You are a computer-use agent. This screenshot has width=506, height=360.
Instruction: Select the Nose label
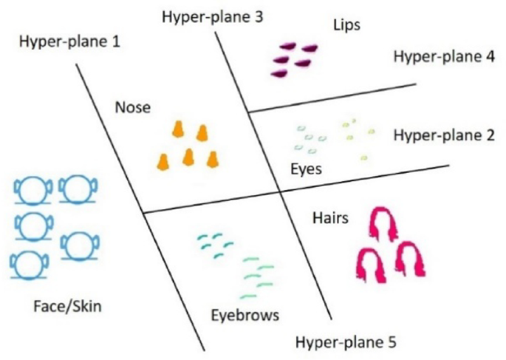tap(133, 107)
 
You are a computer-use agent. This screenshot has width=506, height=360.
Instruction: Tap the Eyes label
tap(304, 169)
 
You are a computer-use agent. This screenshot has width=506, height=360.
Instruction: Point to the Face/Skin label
tap(68, 305)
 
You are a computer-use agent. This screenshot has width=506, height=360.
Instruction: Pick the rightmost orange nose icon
tap(213, 159)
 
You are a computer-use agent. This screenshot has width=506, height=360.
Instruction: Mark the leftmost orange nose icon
tap(165, 159)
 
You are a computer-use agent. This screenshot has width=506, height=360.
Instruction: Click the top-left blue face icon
tap(30, 190)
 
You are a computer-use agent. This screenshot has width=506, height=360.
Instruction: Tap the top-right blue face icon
tap(75, 189)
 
